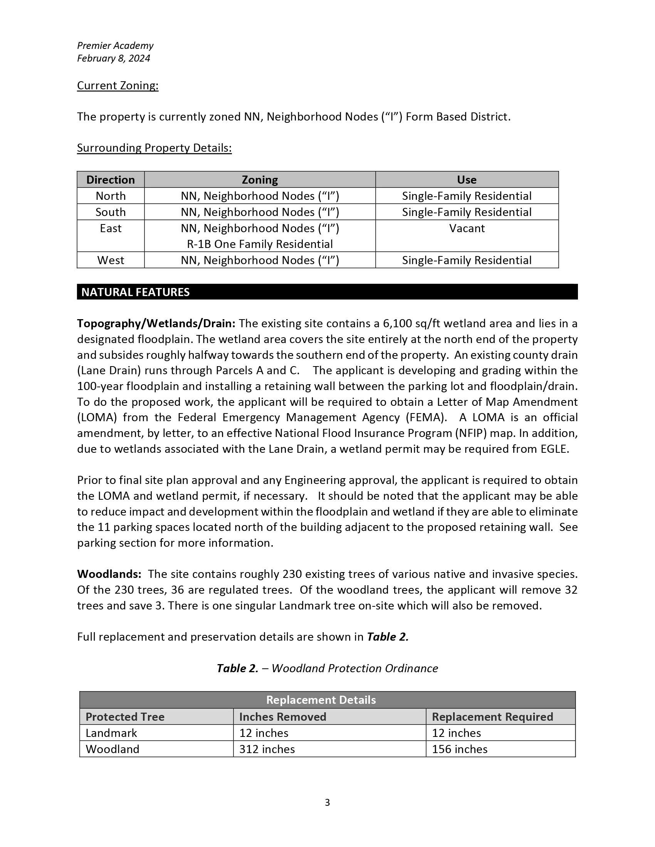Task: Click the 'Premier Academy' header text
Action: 115,46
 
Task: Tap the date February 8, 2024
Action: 113,59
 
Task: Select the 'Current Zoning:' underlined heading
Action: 118,86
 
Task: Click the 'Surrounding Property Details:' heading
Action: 154,148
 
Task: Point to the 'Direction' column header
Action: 111,180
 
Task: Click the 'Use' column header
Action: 467,180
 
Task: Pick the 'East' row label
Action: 111,228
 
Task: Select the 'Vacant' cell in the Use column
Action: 467,228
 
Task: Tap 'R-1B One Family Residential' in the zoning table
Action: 260,244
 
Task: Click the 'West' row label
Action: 111,260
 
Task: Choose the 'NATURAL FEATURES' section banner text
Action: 135,292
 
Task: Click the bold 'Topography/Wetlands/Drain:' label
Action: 156,323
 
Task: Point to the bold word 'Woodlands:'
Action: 109,574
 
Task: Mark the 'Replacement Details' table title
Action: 321,700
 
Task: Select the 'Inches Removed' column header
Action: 282,717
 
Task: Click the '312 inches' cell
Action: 267,749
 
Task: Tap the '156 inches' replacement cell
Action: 459,749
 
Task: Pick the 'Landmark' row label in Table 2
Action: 111,733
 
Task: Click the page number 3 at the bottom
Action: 327,802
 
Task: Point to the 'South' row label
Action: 111,212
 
